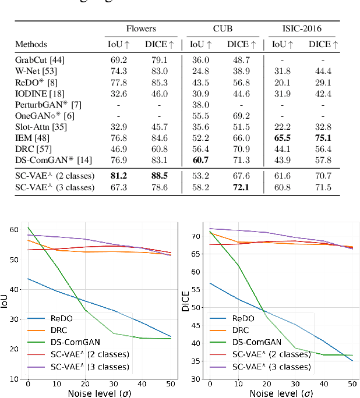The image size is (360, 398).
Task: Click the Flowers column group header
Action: pos(142,29)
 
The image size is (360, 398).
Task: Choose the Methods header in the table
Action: pos(31,44)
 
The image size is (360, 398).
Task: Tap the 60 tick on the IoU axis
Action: pos(17,229)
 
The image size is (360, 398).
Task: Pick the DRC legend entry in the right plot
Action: pos(245,331)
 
